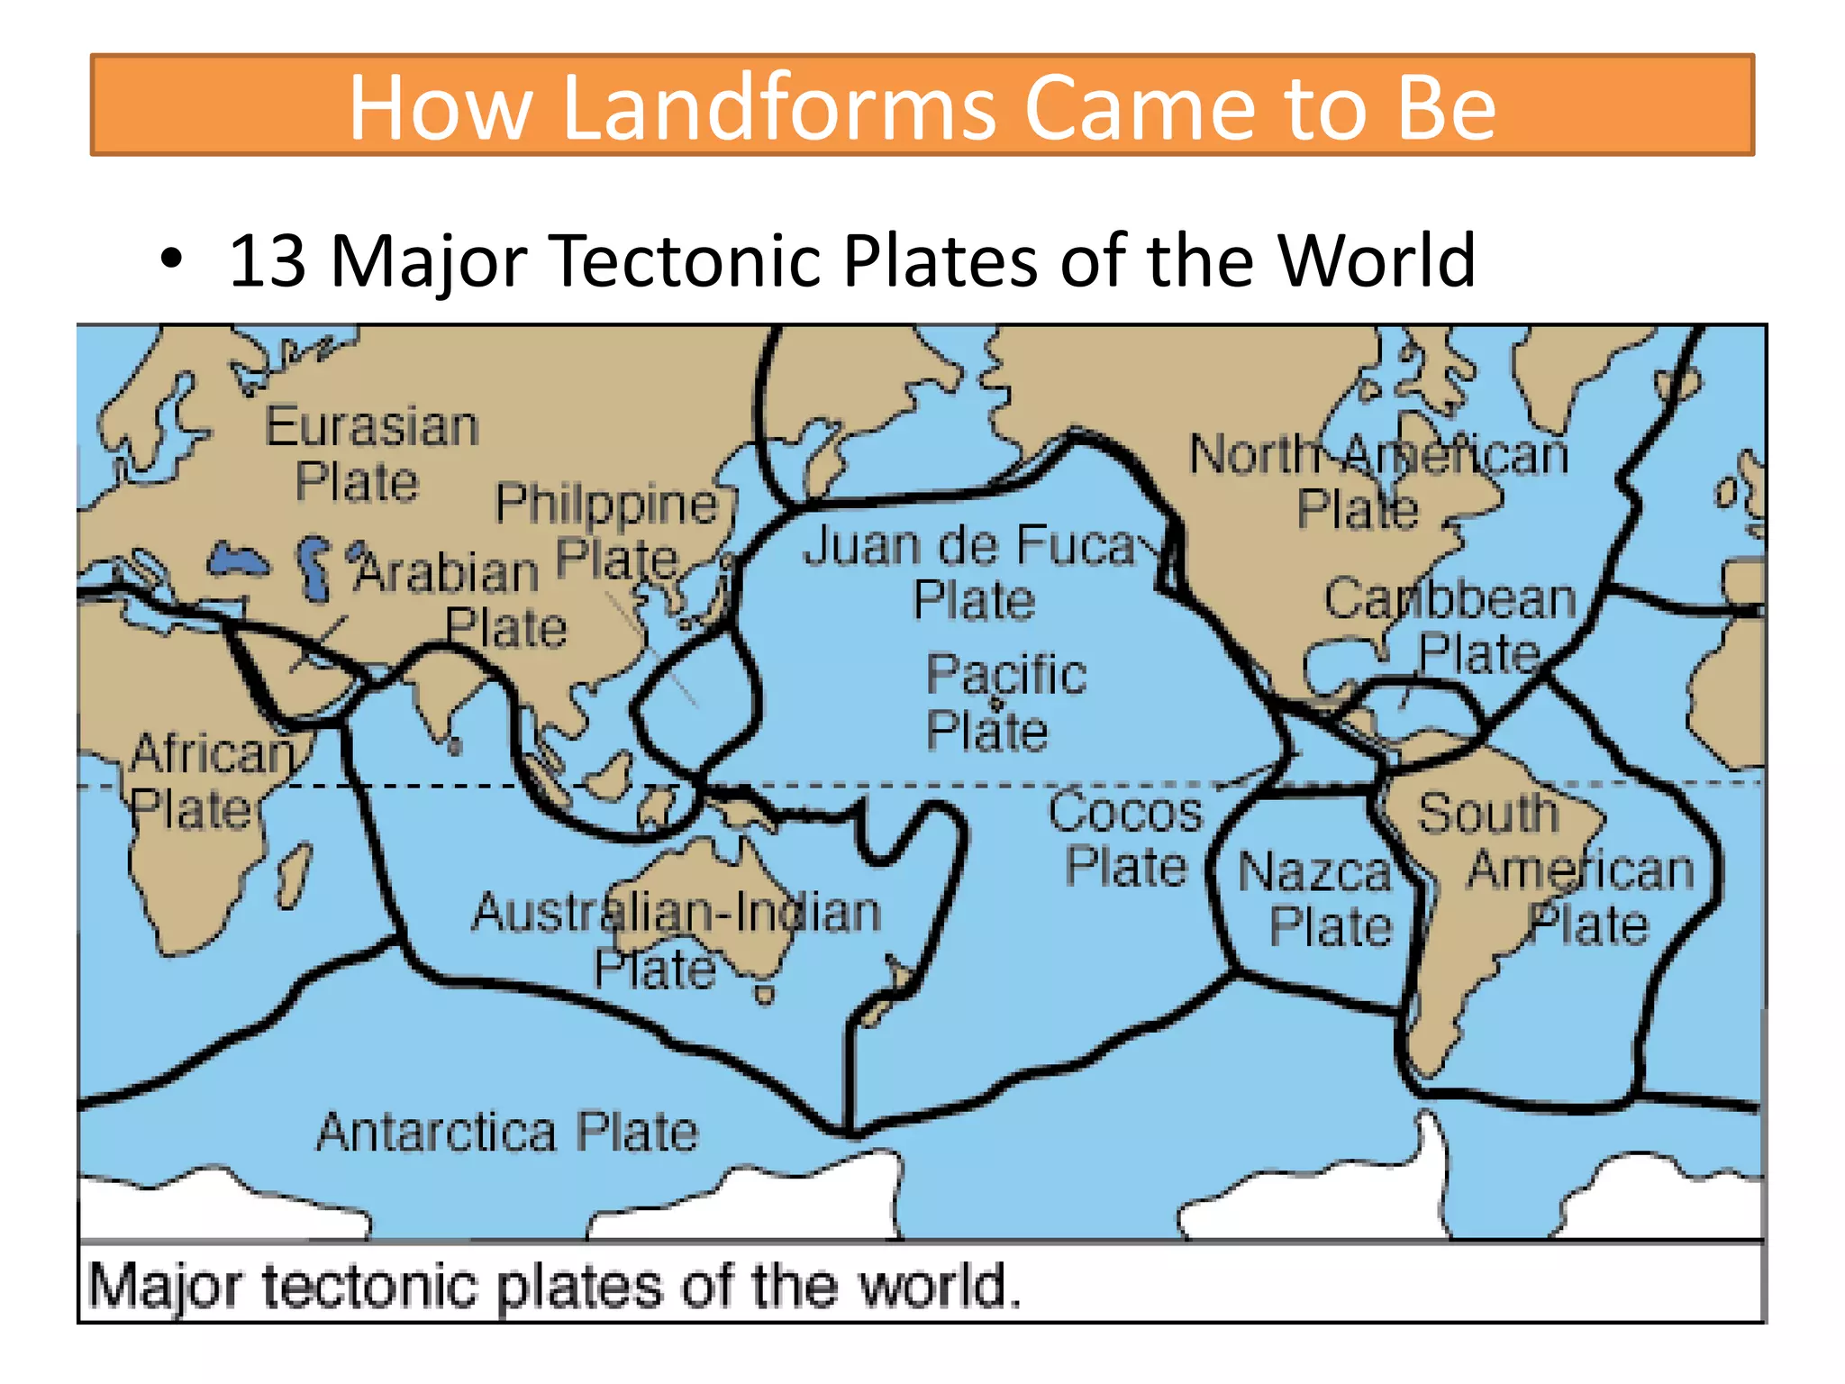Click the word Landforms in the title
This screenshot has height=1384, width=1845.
point(779,108)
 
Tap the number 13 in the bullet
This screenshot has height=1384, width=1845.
point(267,261)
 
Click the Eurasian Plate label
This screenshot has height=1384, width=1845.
point(370,453)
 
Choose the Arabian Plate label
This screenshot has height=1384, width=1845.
point(459,599)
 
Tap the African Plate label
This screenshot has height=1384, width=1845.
point(207,780)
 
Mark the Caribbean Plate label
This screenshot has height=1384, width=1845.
point(1451,625)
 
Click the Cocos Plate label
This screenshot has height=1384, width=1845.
point(1125,839)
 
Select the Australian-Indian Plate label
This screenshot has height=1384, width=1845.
point(676,937)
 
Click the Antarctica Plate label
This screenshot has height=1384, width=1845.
point(507,1132)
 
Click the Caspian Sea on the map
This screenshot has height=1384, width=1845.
point(313,568)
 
